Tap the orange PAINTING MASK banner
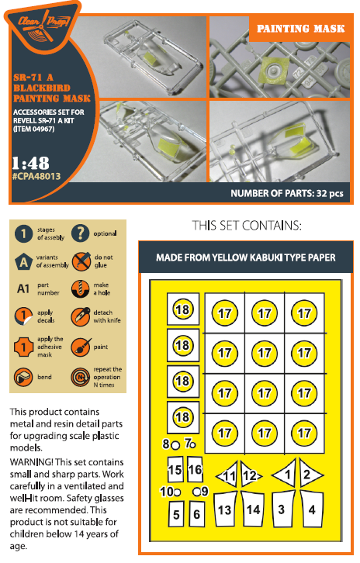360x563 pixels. point(300,28)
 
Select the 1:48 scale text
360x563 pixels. point(30,164)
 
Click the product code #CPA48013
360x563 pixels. point(36,176)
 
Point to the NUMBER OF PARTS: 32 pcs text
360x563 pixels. point(287,194)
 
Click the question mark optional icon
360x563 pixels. point(81,233)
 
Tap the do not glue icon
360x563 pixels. point(81,261)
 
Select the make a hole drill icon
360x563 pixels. point(80,288)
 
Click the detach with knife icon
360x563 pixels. point(81,316)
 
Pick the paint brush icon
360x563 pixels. point(81,347)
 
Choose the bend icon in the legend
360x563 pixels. point(23,377)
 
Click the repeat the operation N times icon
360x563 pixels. point(81,378)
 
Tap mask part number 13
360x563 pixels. point(225,509)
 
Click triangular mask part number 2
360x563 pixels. point(310,474)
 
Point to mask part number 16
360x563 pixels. point(195,469)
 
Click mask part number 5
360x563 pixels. point(176,514)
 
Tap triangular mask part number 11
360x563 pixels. point(229,475)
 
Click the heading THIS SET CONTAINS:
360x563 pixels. point(247,226)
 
